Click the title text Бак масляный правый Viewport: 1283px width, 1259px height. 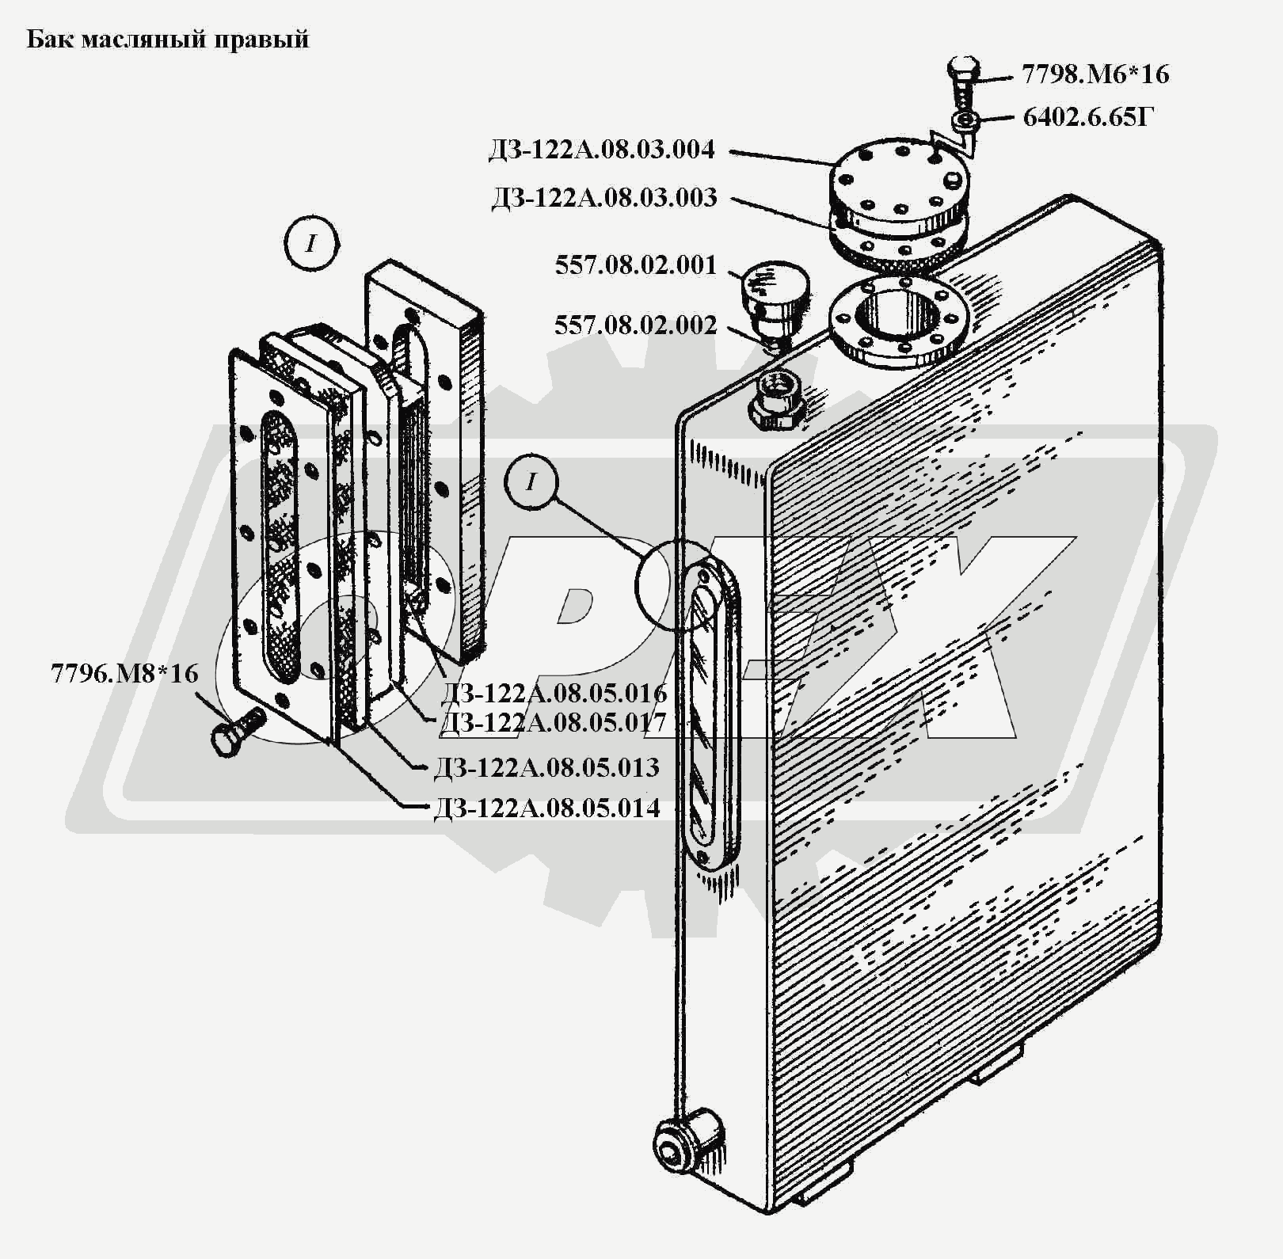point(168,40)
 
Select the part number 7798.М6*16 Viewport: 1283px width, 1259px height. point(1095,74)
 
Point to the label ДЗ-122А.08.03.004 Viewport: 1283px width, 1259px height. point(602,150)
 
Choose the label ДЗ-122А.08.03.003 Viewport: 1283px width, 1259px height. point(604,197)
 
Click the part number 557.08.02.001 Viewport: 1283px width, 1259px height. point(636,264)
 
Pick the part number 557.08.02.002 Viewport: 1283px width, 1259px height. point(636,325)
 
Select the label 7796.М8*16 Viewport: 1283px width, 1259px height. point(124,673)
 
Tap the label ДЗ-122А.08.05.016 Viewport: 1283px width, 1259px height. point(554,694)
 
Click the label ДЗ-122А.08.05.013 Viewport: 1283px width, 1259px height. point(546,767)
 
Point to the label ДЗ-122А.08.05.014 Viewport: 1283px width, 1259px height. point(547,808)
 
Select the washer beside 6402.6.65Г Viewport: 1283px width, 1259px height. point(964,121)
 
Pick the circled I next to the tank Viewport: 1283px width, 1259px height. point(531,481)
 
